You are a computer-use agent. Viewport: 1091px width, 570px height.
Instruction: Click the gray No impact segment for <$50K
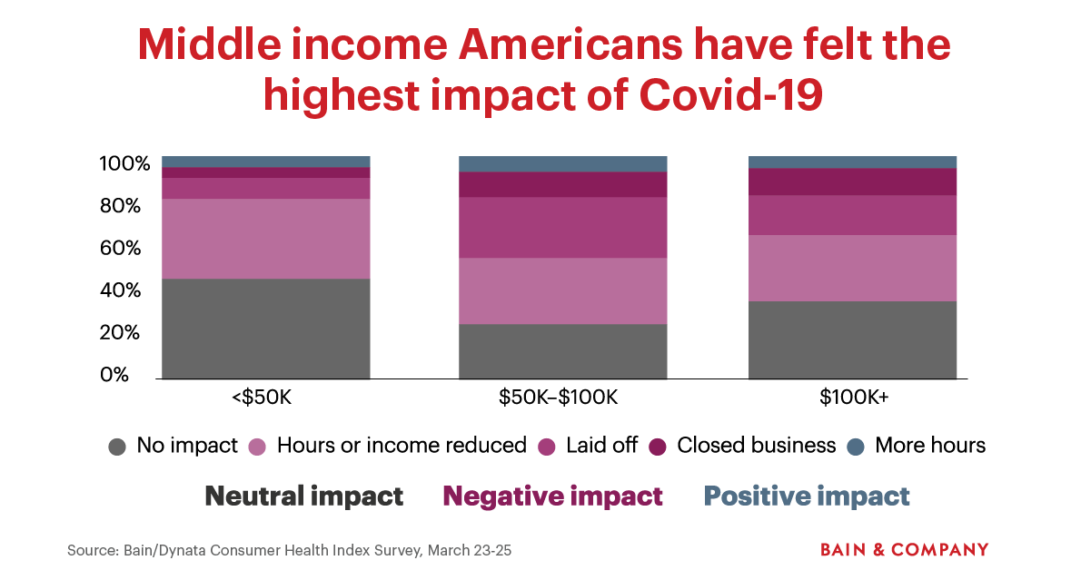tap(266, 329)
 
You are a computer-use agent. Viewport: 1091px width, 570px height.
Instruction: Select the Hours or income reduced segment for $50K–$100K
tap(562, 291)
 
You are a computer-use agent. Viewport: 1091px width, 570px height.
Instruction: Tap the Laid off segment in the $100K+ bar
tap(852, 215)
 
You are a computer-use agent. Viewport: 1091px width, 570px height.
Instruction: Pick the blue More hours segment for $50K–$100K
tap(562, 164)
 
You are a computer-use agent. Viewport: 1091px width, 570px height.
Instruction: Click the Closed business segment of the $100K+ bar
tap(852, 182)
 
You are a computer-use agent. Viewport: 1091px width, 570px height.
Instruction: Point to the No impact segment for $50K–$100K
tap(562, 351)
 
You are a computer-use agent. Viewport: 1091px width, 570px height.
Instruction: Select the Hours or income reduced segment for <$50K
tap(266, 239)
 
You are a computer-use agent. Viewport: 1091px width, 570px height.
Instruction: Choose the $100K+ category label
tap(852, 398)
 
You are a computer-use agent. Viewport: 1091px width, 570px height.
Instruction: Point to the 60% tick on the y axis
tap(120, 249)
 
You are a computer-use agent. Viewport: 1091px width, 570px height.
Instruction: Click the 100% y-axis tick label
tap(124, 164)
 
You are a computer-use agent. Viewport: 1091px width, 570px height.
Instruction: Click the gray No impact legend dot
tap(117, 447)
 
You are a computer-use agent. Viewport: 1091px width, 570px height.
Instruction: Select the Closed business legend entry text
tap(756, 446)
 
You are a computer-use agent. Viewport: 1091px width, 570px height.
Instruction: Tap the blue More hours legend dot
tap(855, 447)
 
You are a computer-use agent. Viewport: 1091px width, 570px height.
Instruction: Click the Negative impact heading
tap(552, 496)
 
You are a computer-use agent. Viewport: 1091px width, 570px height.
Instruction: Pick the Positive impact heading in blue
tap(807, 496)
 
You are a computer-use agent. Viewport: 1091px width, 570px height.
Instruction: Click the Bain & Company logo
tap(904, 550)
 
